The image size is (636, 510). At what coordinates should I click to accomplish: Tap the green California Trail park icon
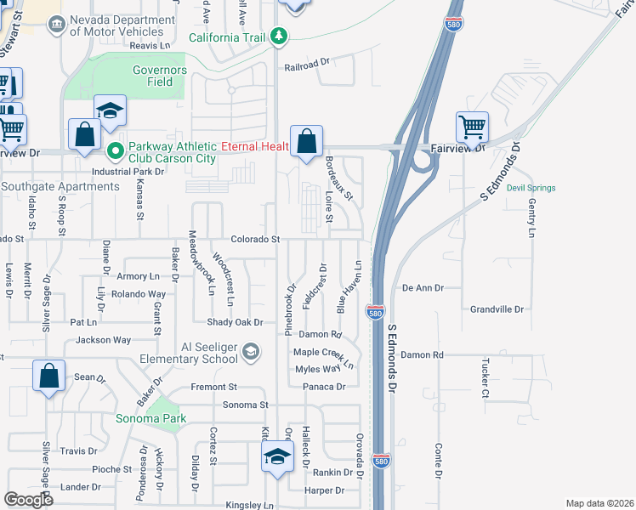coord(279,37)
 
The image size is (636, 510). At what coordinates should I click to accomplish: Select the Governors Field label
coord(153,76)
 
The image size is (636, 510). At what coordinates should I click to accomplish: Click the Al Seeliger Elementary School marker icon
coord(251,351)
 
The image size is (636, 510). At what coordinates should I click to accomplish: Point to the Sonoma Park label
coord(151,419)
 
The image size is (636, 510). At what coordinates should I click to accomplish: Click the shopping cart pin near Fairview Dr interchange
coord(472,127)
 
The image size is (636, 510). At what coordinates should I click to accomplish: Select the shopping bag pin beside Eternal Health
coord(306,141)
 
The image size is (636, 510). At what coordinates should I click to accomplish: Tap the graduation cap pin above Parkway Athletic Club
coord(110,111)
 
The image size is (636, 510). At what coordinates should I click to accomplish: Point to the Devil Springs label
coord(531,188)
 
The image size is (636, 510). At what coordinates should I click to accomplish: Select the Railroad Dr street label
coord(306,63)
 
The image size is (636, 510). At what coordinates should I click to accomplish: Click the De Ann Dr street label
coord(423,288)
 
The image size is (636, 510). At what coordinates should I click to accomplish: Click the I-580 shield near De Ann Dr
coord(374,312)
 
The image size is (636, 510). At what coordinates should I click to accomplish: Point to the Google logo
coord(28,500)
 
